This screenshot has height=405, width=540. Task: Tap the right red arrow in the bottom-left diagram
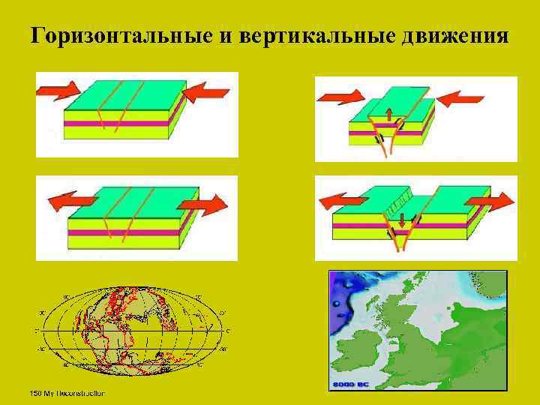(204, 203)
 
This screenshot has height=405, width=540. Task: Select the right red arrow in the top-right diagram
(460, 97)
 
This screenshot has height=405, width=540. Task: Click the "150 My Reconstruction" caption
(67, 393)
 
